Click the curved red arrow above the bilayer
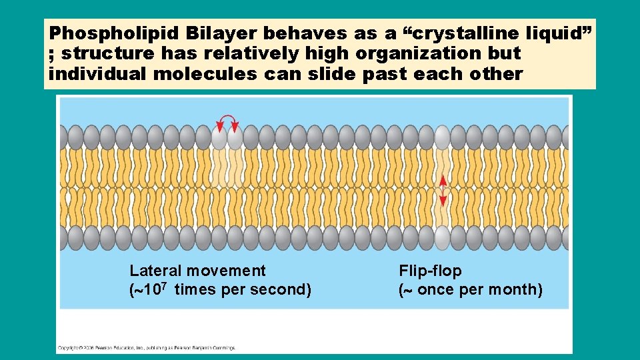click(x=228, y=121)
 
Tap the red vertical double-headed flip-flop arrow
click(x=443, y=191)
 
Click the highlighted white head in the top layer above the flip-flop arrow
click(x=442, y=137)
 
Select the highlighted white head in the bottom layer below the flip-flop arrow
click(x=442, y=237)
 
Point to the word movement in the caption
click(x=226, y=271)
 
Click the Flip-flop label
click(x=430, y=271)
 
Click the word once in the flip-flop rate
click(x=435, y=290)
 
